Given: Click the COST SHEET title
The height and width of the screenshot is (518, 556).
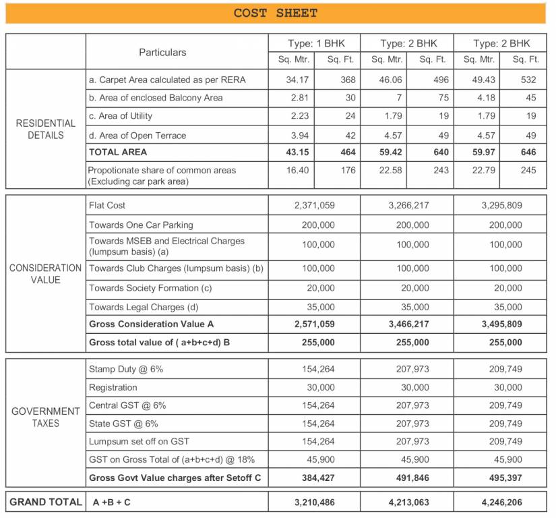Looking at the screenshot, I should [x=275, y=13].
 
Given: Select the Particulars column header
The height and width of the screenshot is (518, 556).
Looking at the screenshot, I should [x=162, y=52].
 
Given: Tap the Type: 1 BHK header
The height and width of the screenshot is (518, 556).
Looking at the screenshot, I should [x=315, y=43].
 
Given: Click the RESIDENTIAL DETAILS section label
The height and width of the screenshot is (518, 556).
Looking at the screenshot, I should [x=46, y=129].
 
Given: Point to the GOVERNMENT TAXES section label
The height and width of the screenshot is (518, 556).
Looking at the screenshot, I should [x=44, y=417].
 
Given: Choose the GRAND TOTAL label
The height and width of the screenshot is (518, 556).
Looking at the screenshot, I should [x=45, y=502].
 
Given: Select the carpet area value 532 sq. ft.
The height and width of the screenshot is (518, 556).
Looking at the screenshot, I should [x=528, y=80].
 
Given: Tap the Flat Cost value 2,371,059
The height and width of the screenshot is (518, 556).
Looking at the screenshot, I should [x=314, y=205].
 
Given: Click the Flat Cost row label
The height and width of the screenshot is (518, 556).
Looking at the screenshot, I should [x=107, y=205].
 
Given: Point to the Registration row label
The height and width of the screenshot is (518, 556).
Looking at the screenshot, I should [x=113, y=388].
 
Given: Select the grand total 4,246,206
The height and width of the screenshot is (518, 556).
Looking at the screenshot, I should [x=502, y=502].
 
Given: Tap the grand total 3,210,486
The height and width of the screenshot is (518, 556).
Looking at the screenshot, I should [x=314, y=502].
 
